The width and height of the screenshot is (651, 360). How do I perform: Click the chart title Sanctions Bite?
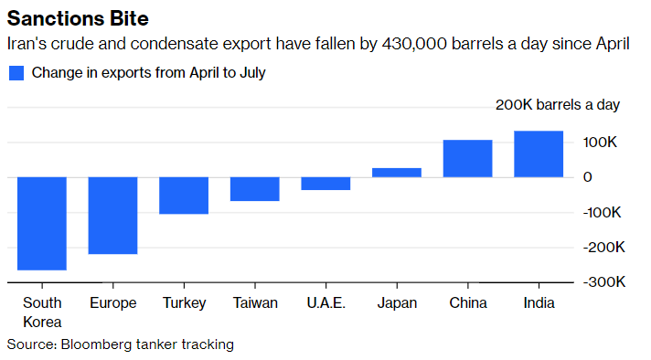pos(79,18)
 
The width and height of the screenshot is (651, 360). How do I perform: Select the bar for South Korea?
pos(42,223)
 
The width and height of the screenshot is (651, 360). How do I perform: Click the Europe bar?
pos(112,215)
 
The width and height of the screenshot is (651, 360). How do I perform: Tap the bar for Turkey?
pos(184,195)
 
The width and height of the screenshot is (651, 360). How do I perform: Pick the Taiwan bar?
pos(254,188)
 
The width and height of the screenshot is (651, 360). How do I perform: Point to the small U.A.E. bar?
pos(325,183)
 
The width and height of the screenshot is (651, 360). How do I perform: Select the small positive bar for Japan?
pos(397,172)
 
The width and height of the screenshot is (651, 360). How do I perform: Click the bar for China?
pos(467,158)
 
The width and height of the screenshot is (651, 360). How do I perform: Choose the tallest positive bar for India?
pos(539,154)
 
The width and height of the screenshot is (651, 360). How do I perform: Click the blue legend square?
pos(16,73)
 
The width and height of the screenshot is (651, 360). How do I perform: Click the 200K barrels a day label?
pos(557,104)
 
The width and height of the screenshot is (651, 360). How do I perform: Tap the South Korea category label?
pos(42,312)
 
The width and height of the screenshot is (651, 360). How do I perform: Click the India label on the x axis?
pos(539,303)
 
